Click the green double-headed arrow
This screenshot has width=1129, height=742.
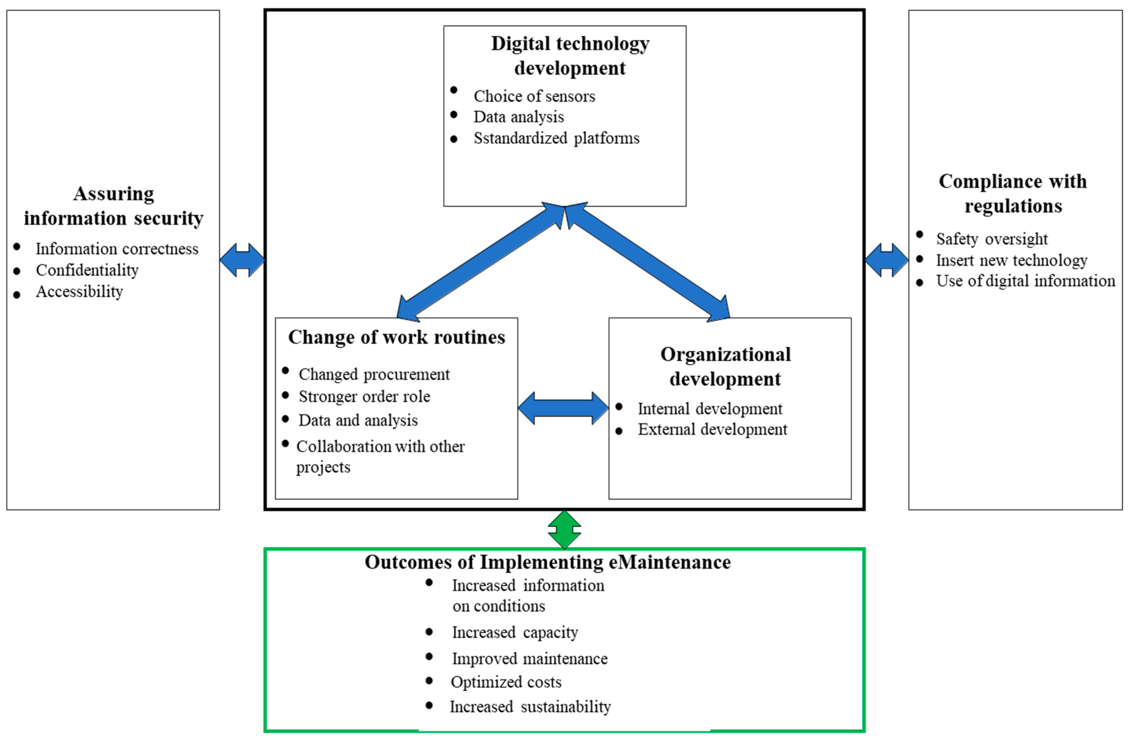[564, 530]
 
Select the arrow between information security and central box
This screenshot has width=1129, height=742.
[242, 260]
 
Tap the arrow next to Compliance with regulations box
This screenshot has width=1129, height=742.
[886, 260]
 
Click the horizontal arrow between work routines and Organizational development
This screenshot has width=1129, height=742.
[563, 408]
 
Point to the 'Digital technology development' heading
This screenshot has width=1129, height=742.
[570, 56]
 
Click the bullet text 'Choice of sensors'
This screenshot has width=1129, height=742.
[534, 96]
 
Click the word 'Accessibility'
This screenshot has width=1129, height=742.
[79, 291]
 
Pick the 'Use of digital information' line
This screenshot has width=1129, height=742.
[1025, 281]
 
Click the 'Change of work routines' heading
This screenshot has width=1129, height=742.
[397, 337]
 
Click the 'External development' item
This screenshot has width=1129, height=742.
[712, 429]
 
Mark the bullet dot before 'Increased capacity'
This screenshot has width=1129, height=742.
[429, 631]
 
